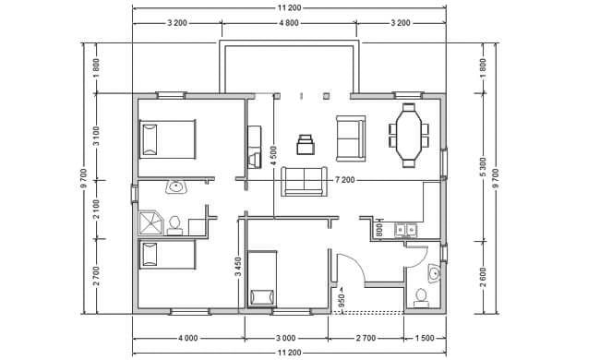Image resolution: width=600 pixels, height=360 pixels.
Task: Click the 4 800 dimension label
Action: coord(289,23)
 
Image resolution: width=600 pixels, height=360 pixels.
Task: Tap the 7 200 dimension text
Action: coord(345,180)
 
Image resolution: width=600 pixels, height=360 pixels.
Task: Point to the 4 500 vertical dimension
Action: coord(273,156)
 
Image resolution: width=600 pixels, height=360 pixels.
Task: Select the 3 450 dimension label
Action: coord(238,267)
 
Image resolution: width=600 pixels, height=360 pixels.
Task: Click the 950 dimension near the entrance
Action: coord(342,300)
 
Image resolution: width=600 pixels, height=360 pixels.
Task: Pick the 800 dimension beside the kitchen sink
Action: coord(379,230)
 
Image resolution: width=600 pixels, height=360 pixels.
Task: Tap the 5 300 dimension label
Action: coord(483,167)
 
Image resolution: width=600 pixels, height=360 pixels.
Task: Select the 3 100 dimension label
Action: coord(96,137)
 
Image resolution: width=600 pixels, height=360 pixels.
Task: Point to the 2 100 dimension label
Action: coord(96,210)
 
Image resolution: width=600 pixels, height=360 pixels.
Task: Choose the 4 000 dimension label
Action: coord(188,338)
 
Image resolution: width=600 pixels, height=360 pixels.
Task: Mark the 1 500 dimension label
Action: coord(425,338)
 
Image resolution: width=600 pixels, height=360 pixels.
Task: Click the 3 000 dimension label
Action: coord(286,338)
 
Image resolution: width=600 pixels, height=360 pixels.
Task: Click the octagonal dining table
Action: coord(409,136)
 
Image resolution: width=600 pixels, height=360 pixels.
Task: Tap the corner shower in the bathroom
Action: coord(151,223)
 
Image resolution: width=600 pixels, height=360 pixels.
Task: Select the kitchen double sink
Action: coord(405,230)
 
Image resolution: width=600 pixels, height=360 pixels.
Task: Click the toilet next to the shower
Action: coord(174,226)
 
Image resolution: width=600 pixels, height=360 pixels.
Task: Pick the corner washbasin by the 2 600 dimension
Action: coord(434,273)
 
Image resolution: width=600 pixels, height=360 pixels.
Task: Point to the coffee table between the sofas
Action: coord(306,144)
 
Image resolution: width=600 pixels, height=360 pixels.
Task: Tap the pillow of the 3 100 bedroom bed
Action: coord(150,140)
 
